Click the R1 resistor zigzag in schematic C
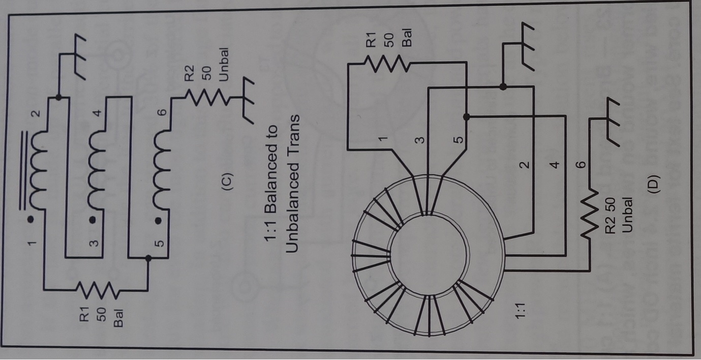click(97, 290)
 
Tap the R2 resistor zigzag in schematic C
click(207, 98)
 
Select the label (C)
click(228, 182)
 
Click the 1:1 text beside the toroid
click(521, 311)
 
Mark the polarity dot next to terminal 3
click(93, 220)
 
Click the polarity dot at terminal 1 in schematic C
click(31, 220)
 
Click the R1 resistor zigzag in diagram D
click(386, 64)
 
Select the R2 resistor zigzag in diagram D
click(590, 213)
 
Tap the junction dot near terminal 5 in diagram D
click(466, 117)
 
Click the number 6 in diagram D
click(581, 165)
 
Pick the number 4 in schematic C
click(98, 113)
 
